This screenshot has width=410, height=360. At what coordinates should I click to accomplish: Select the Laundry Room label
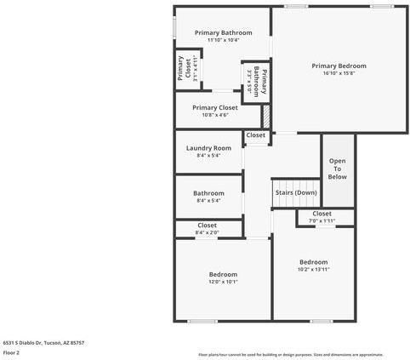208,148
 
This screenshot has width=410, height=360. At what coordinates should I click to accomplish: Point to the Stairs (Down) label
296,192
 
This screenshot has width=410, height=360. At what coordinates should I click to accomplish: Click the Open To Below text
338,169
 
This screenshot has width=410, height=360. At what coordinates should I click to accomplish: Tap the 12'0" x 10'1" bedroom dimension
223,281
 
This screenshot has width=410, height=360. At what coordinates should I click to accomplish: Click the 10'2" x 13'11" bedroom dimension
313,269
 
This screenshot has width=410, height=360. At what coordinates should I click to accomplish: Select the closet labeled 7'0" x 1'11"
322,217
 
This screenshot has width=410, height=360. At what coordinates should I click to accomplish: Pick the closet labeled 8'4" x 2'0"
207,228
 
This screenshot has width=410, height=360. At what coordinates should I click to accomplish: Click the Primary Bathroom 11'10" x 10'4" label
223,36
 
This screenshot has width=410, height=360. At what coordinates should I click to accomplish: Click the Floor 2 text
11,351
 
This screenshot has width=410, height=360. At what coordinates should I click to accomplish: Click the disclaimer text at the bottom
291,354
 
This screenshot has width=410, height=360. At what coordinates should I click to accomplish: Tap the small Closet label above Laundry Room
255,135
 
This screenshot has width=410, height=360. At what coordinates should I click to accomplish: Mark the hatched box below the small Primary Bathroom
265,114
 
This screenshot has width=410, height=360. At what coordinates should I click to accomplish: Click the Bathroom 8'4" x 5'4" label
208,197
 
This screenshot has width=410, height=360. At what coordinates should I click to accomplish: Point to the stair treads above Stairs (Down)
296,183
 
